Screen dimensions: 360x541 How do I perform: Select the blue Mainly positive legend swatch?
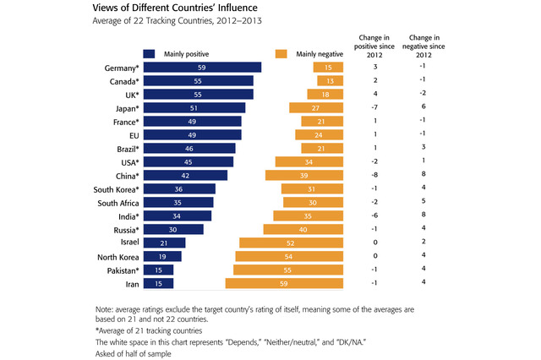[149, 53]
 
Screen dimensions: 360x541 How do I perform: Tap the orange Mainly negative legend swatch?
[276, 53]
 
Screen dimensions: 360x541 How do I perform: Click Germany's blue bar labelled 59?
[202, 68]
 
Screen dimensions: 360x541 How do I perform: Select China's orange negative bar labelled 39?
[303, 176]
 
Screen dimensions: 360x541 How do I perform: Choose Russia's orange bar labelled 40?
[302, 230]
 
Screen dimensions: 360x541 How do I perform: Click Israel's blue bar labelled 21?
[165, 243]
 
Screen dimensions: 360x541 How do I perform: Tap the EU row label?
[133, 135]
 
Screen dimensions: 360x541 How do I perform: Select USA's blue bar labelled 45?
[189, 162]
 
